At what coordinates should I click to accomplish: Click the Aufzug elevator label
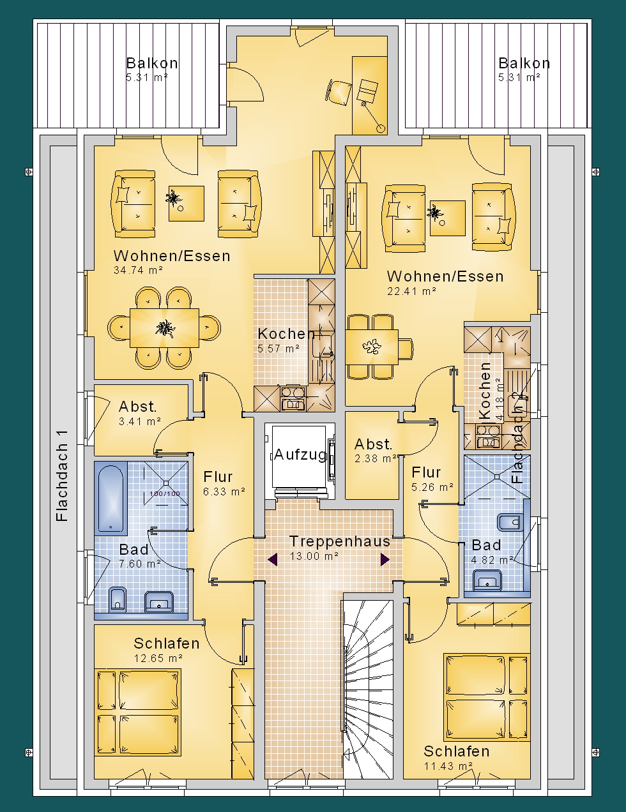pos(300,455)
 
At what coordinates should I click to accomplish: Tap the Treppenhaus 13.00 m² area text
pos(314,556)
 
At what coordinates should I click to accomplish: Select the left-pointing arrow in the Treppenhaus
pos(273,559)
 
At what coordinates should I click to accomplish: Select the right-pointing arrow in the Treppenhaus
pos(385,559)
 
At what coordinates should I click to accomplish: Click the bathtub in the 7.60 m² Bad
pos(111,498)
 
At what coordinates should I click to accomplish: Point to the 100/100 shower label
pos(165,493)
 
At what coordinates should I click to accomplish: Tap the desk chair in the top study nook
pos(339,91)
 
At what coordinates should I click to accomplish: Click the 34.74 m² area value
pos(138,270)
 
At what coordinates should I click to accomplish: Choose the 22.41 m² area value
pos(411,291)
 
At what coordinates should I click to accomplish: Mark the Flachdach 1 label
pos(62,476)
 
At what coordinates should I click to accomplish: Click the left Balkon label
pos(152,63)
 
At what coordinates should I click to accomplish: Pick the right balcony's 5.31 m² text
pos(519,78)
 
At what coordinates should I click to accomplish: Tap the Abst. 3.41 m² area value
pos(140,421)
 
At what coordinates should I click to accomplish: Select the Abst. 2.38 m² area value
pos(376,458)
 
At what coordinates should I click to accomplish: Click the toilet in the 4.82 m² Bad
pos(510,522)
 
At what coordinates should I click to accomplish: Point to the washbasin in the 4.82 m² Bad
pos(487,580)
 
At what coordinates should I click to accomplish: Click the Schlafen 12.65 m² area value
pos(158,658)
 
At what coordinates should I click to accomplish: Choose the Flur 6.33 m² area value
pos(224,492)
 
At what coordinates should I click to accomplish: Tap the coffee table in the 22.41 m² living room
pos(447,218)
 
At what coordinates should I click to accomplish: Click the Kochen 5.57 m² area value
pos(279,349)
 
